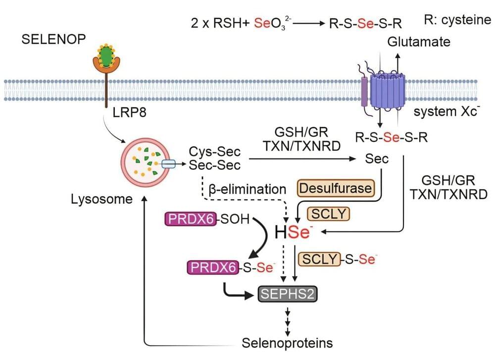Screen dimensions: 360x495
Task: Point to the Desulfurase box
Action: [x=336, y=188]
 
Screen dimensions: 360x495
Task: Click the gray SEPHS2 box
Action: [x=288, y=295]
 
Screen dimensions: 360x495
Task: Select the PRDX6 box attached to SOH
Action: [x=191, y=219]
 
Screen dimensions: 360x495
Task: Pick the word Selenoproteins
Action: [x=287, y=342]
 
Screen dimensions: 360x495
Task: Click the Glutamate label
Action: [x=419, y=42]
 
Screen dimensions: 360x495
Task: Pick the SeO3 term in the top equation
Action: [x=268, y=23]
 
